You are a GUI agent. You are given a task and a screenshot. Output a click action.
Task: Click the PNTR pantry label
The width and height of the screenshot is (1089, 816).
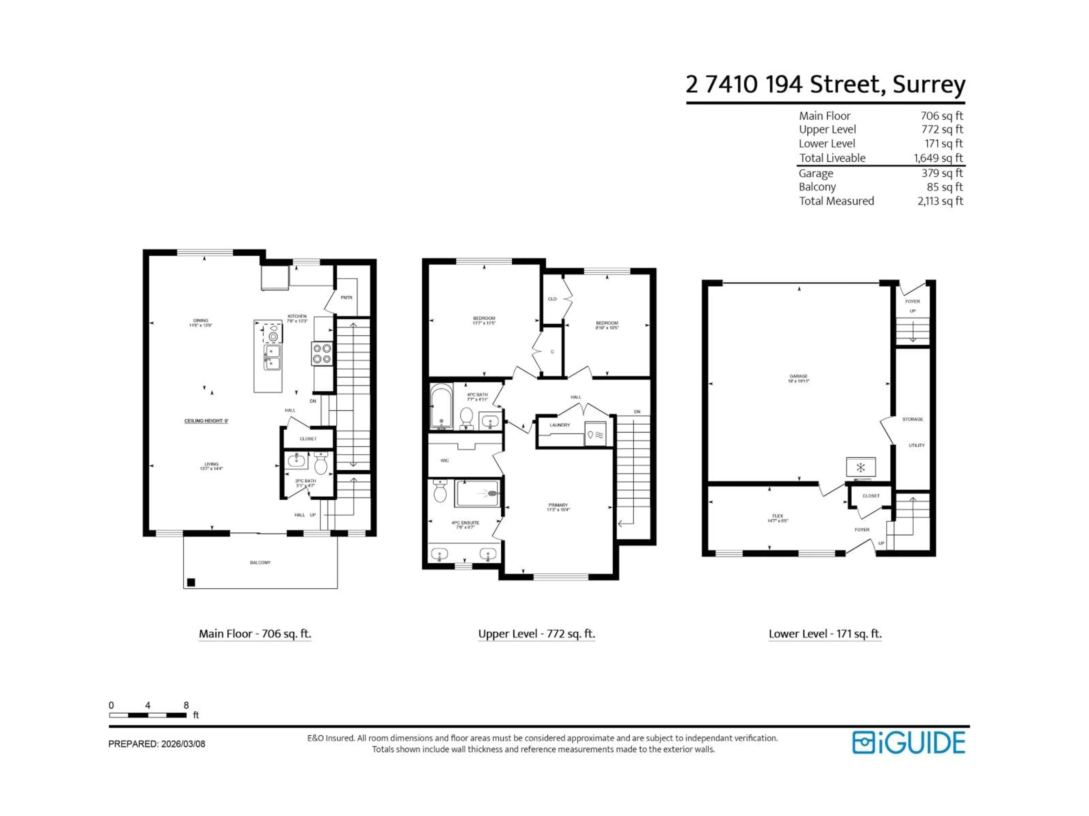[346, 297]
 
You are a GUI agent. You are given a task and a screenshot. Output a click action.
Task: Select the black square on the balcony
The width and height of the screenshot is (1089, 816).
[191, 582]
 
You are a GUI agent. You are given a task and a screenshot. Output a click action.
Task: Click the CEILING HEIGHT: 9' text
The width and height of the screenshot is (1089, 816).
[206, 421]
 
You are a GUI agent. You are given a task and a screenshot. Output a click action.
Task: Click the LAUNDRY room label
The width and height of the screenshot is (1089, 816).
[560, 425]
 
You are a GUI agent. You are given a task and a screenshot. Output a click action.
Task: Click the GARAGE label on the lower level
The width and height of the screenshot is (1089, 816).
[798, 376]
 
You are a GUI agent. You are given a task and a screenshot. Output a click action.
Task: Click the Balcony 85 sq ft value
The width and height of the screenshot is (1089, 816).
[944, 187]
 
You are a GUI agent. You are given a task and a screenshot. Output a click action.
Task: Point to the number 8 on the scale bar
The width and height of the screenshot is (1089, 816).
[186, 705]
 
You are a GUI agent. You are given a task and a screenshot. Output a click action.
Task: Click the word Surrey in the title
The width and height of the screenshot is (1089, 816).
[929, 85]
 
